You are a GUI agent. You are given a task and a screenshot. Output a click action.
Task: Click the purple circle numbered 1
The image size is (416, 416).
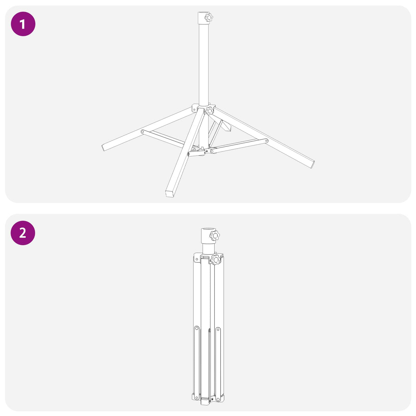coord(23,24)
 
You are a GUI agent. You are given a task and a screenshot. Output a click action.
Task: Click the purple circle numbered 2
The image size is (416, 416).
coord(23,233)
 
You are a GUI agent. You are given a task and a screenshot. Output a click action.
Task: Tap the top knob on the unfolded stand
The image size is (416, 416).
coord(209,17)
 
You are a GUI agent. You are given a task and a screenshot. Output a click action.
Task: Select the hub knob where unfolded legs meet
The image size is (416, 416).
coord(209,111)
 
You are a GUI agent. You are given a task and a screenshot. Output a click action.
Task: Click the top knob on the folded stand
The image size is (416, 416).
coord(215,235)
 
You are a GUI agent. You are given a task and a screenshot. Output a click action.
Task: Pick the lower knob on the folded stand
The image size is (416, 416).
coord(215,260)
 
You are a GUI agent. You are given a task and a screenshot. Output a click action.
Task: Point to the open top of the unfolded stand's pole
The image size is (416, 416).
coord(203,12)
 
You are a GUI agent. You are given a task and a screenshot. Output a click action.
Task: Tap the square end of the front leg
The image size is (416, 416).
coord(170,194)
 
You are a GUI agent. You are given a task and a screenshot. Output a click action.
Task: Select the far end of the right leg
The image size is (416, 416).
coord(313,164)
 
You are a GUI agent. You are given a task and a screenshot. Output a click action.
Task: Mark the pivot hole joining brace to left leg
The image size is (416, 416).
coord(142,131)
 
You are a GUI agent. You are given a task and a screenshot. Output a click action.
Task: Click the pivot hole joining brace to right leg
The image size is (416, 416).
coord(266,141)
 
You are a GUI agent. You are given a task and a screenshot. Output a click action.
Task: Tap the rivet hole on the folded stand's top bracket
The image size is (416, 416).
coord(197,259)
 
